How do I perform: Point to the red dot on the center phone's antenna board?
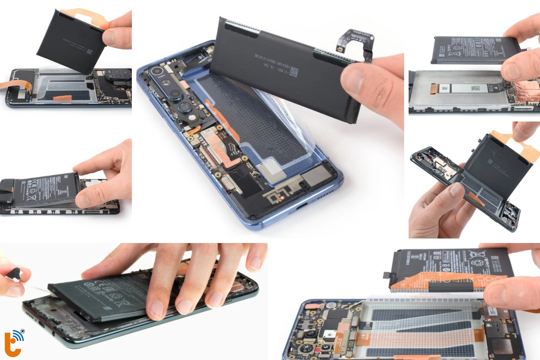[x=281, y=196]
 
